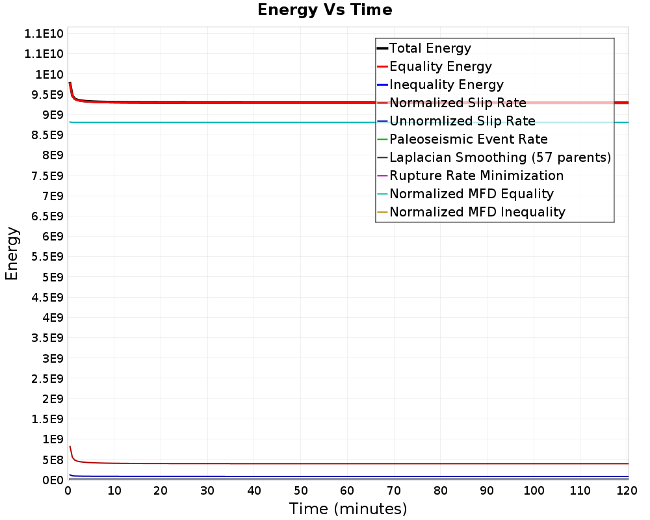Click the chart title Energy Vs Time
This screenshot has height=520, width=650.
click(x=325, y=10)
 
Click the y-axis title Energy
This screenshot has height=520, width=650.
click(x=12, y=253)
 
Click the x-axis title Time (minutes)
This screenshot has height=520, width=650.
click(x=348, y=508)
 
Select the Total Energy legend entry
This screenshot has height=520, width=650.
click(x=430, y=48)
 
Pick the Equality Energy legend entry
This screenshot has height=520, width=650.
click(x=440, y=66)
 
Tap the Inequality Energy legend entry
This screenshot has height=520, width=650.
click(x=446, y=84)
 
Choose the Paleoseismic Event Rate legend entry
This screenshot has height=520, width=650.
click(x=468, y=139)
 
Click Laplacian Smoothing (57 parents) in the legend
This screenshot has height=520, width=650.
click(x=500, y=157)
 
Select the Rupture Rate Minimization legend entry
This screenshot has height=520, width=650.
click(x=476, y=175)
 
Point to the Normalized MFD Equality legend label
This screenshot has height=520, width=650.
click(x=471, y=194)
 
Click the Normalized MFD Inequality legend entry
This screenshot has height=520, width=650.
click(x=477, y=212)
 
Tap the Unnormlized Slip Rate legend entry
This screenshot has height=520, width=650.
click(x=462, y=121)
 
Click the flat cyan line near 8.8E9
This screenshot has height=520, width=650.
click(x=260, y=122)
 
